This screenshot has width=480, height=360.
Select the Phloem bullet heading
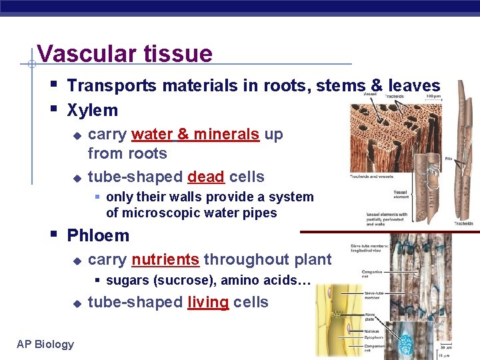click(x=98, y=235)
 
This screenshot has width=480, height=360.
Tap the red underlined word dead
click(x=205, y=177)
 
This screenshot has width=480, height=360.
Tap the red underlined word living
click(x=208, y=302)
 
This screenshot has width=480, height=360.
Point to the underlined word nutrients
click(x=165, y=259)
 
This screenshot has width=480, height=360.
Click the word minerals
click(x=225, y=134)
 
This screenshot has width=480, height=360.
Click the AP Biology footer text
click(x=45, y=344)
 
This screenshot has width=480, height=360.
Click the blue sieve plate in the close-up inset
click(x=405, y=343)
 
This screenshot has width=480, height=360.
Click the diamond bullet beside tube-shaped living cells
click(x=77, y=303)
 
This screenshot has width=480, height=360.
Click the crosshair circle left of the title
click(x=31, y=65)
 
